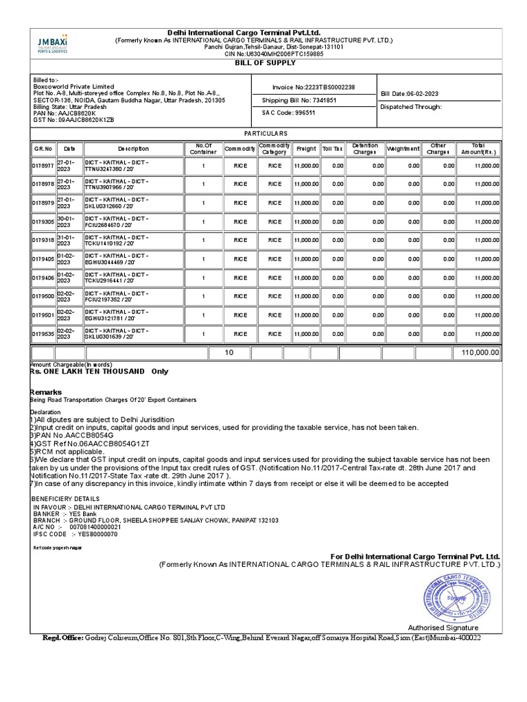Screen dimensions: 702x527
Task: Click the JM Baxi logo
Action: coord(52,44)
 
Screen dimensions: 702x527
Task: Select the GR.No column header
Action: coord(43,149)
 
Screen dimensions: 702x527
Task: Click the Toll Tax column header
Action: coord(333,149)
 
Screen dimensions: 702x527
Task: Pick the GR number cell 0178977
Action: coord(43,166)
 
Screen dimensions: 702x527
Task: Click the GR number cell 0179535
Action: coord(43,334)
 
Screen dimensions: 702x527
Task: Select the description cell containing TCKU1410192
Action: coord(132,241)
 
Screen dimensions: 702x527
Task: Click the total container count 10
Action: coord(229,352)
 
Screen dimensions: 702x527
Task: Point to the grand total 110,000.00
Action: coord(478,352)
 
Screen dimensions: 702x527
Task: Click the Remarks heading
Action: coord(46,392)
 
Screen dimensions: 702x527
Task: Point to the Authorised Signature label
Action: coord(443,627)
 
